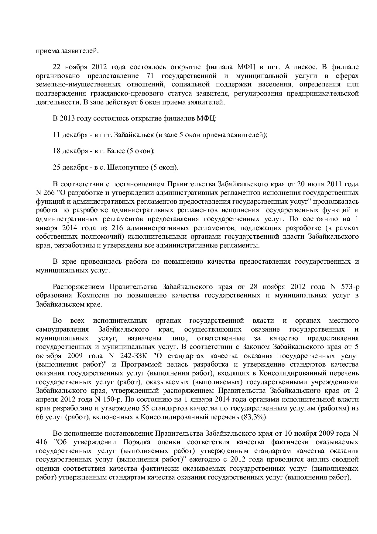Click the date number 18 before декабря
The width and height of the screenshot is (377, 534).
(57, 151)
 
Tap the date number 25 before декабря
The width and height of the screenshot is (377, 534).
(57, 167)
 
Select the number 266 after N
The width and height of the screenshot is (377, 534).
(49, 193)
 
